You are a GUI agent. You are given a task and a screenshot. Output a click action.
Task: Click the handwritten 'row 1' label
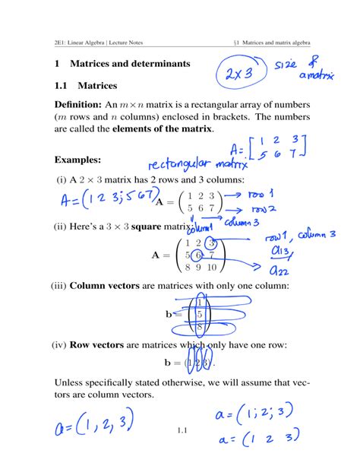tap(261, 194)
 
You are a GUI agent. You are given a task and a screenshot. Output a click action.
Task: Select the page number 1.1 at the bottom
tap(181, 433)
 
